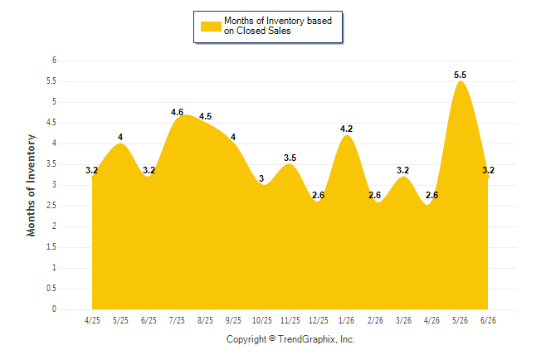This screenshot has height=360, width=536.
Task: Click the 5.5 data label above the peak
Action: coord(460,75)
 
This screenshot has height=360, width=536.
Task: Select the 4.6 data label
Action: coord(177,112)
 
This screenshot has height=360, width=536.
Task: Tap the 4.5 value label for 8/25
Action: coord(206,116)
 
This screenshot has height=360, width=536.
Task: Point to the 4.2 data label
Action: coord(346,129)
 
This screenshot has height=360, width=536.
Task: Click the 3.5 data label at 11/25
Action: coord(290,158)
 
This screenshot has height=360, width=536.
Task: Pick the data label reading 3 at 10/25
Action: coord(261,178)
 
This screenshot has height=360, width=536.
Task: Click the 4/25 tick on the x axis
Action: coord(92,320)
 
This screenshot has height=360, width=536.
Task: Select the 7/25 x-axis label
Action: coord(177,320)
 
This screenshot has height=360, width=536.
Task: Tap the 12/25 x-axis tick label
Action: coord(319,320)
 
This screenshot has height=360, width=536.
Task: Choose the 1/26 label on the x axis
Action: coord(346,320)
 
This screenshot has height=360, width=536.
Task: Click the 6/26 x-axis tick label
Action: coord(488,320)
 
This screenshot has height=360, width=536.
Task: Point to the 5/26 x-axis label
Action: coord(460,320)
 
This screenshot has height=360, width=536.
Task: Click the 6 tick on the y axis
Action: coord(54,61)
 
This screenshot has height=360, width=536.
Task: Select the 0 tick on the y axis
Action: coord(54,309)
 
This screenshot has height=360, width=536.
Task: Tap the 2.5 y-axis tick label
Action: coord(51,206)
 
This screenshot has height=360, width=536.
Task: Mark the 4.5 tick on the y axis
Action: coord(51,123)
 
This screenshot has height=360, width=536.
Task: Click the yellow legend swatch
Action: coord(211,27)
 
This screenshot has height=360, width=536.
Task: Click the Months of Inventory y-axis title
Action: coord(31,185)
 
